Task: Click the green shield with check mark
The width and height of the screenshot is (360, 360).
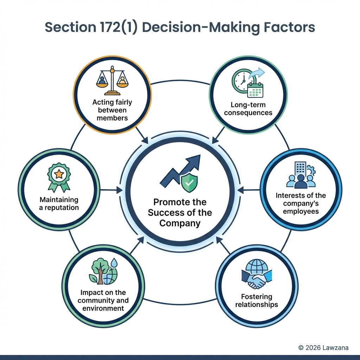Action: [x=189, y=182]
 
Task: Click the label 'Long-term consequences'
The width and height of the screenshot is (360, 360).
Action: [x=248, y=109]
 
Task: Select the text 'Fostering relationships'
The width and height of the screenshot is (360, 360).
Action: [x=257, y=300]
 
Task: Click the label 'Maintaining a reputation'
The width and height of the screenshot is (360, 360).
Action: [x=59, y=204]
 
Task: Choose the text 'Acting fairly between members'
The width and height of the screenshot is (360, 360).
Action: [x=112, y=110]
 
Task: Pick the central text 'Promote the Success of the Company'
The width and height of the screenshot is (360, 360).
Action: [x=180, y=213]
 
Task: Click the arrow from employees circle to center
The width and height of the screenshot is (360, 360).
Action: [x=249, y=190]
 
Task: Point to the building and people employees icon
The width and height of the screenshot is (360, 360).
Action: [x=301, y=175]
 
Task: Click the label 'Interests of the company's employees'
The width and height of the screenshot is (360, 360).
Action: [x=301, y=203]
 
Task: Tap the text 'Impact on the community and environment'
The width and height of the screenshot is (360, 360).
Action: [x=103, y=300]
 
